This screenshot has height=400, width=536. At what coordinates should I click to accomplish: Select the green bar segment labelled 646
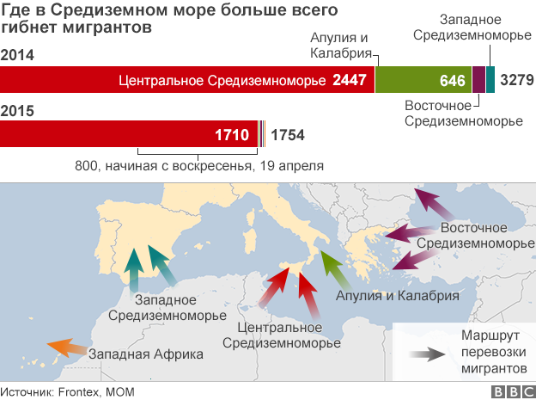[x=423, y=81]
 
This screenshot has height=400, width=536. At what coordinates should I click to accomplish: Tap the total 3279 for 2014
[x=517, y=81]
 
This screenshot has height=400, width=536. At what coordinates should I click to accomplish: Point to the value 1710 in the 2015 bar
[x=232, y=134]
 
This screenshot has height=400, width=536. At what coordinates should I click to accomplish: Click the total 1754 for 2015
[x=287, y=135]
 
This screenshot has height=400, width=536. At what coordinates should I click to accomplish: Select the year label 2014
[x=18, y=56]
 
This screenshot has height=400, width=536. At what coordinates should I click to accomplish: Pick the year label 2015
[x=18, y=110]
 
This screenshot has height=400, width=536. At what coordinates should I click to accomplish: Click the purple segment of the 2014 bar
[x=478, y=81]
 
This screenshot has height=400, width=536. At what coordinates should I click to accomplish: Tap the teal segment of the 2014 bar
[x=490, y=81]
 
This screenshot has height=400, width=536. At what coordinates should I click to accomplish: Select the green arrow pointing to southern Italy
[x=331, y=268]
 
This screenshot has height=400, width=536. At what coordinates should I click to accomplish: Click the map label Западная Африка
[x=146, y=354]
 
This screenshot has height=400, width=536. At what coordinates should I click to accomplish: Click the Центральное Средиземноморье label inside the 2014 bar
[x=222, y=81]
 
